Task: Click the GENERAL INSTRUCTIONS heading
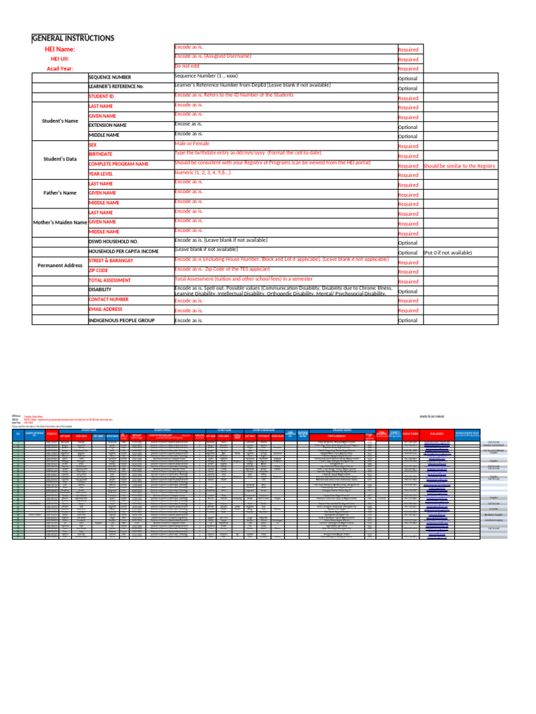pos(73,38)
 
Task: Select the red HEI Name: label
pos(59,50)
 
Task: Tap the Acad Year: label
pos(59,69)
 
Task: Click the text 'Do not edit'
pos(187,66)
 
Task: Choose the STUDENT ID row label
pos(102,96)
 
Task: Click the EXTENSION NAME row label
pos(107,126)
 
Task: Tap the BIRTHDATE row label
pos(100,154)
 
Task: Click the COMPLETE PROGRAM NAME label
pos(119,164)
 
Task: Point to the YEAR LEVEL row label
pos(102,174)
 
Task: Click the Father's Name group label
pos(59,193)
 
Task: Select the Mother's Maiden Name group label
pos(59,222)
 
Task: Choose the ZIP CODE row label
pos(98,270)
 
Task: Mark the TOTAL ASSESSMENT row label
pos(110,280)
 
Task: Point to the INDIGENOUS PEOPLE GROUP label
pos(131,320)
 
